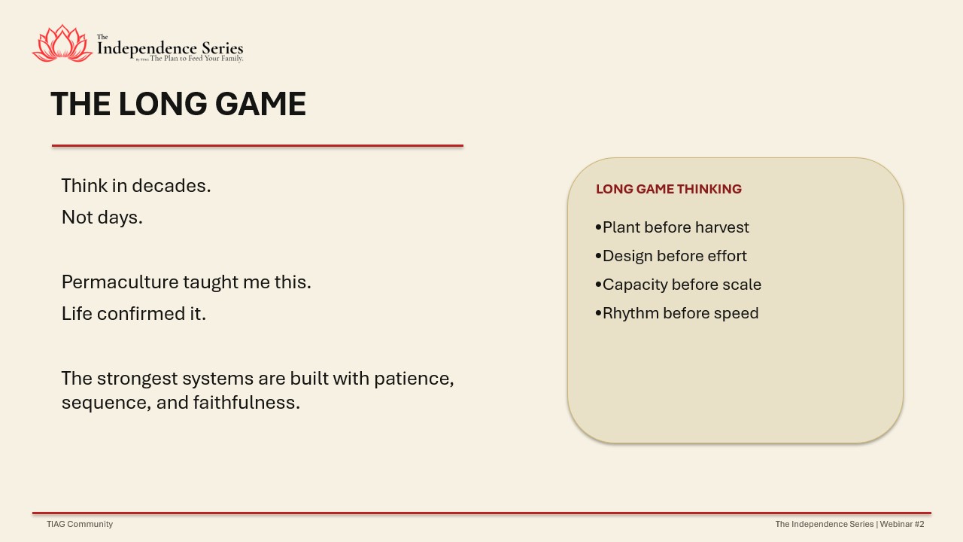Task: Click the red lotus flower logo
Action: tap(62, 43)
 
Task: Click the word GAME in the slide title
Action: tap(260, 104)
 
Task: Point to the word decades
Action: tap(172, 185)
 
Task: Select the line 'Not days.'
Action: tap(102, 218)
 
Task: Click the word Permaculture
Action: tap(120, 282)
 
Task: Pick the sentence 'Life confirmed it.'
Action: tap(134, 314)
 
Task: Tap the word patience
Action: tap(414, 379)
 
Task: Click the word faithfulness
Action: tap(246, 403)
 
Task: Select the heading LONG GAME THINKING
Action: tap(669, 189)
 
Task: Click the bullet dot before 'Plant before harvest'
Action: tap(598, 227)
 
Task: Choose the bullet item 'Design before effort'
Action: tap(671, 256)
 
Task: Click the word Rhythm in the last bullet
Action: tap(630, 313)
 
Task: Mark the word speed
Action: tap(736, 314)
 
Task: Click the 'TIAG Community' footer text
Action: tap(80, 524)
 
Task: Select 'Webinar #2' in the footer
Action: tap(902, 524)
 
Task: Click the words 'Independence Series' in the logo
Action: tap(170, 48)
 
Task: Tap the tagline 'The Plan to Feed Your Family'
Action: tap(196, 59)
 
